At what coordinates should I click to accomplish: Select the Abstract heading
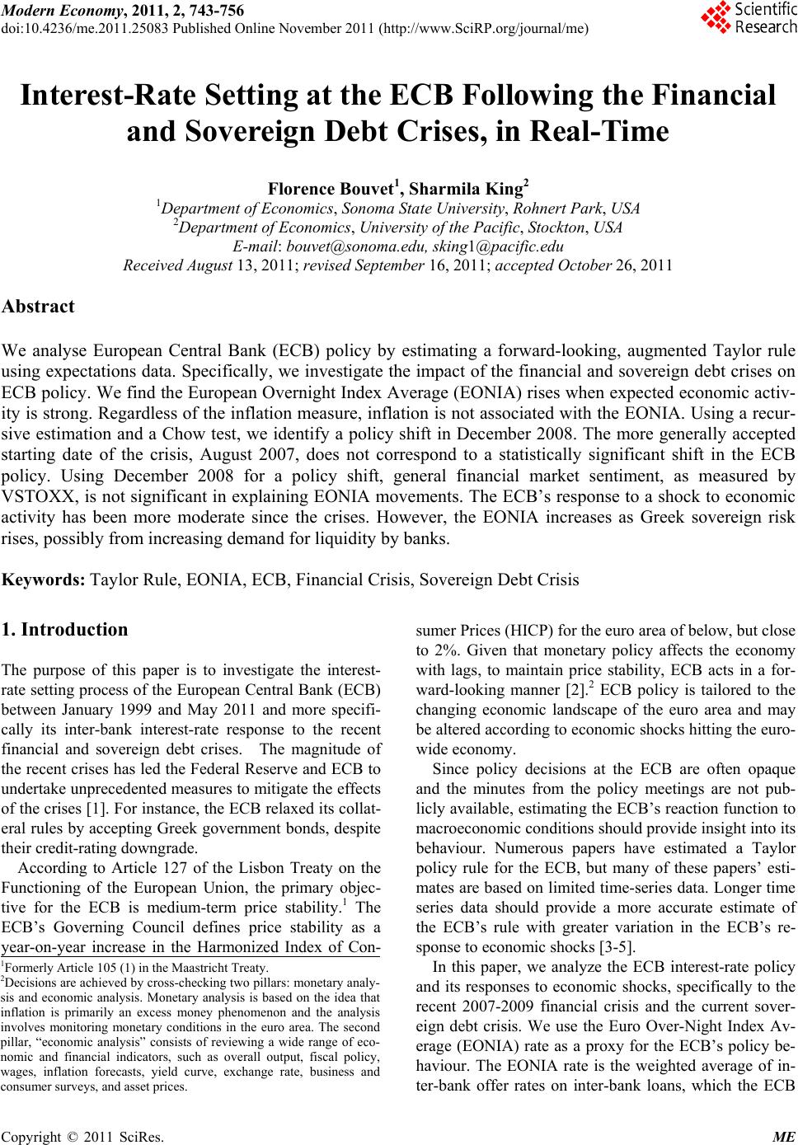click(39, 307)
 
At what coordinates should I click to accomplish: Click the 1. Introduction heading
click(65, 630)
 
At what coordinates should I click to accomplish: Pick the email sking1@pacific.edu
click(498, 245)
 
